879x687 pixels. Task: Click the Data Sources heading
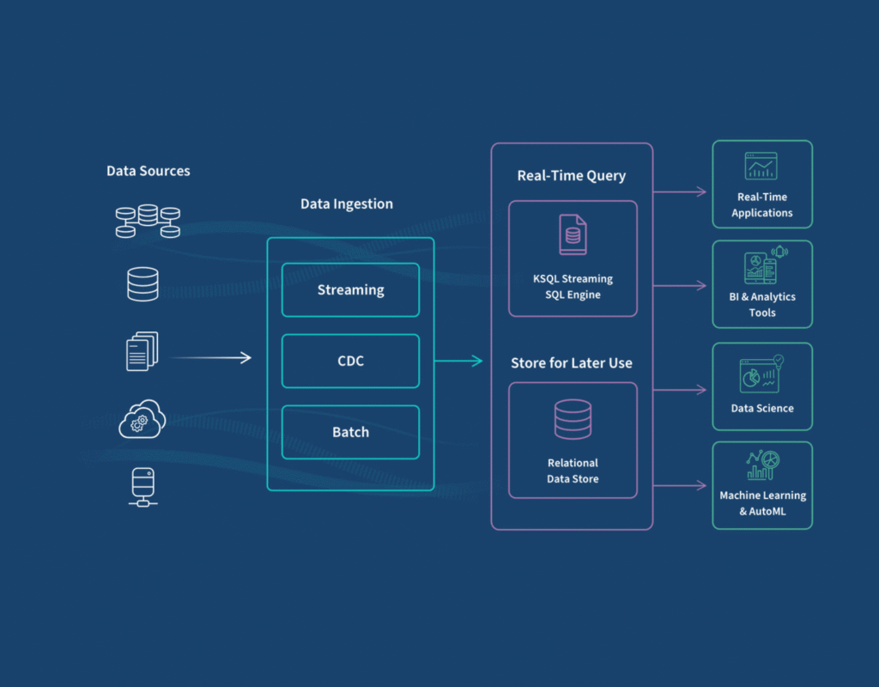pos(148,171)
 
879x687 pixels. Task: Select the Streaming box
pos(350,290)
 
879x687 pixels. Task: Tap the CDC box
pos(350,361)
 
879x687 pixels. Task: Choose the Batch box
pos(350,432)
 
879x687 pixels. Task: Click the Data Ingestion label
pos(346,204)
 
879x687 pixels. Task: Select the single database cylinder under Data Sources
pos(142,283)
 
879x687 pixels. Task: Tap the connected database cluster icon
pos(148,221)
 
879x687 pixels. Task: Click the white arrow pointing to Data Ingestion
pos(210,358)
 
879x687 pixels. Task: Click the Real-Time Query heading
pos(571,176)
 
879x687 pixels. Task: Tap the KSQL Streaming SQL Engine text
pos(573,287)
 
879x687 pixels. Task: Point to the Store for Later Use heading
pos(571,363)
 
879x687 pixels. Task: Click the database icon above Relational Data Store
pos(573,420)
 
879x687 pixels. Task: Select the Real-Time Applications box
pos(762,184)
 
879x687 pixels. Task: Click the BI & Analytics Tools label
pos(762,304)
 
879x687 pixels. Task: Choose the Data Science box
pos(762,386)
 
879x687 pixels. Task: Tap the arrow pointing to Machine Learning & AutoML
pos(678,486)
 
